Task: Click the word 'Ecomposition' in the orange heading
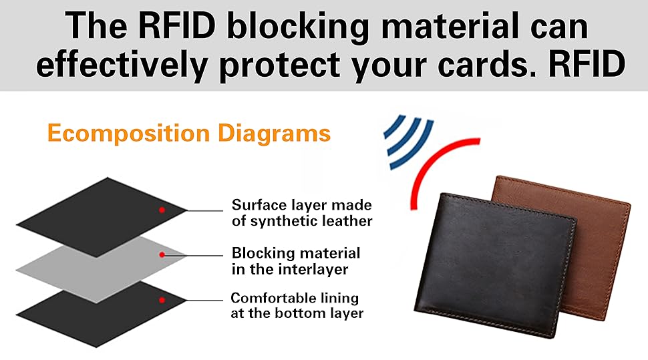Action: (128, 134)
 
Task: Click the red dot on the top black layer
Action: (162, 210)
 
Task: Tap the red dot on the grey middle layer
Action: (162, 254)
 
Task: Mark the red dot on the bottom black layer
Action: (162, 300)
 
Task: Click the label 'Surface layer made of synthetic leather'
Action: (301, 212)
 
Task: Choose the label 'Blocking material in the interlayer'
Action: (296, 260)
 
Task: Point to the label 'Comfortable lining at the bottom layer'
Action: (297, 305)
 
